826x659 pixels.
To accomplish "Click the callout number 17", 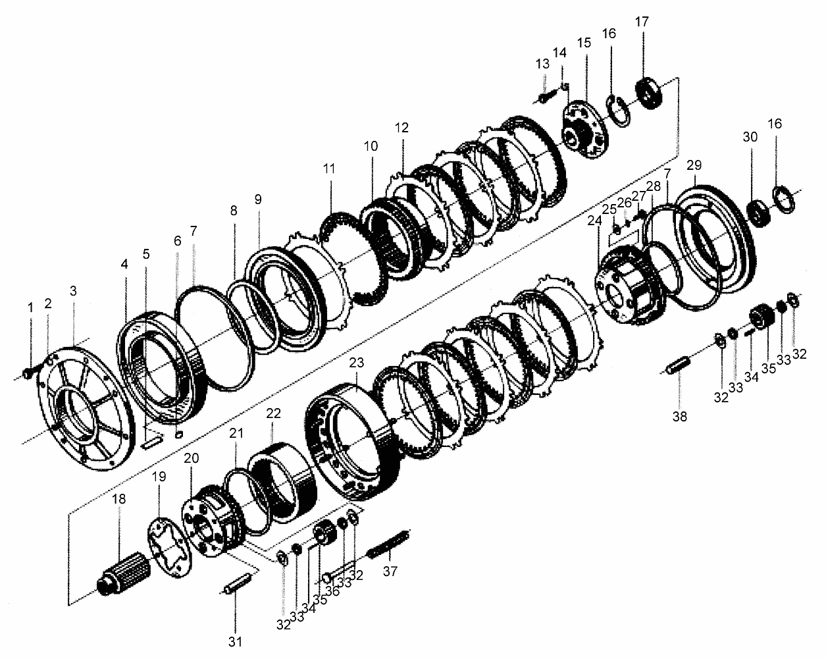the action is pos(642,22).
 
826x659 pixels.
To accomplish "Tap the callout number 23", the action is pos(357,363).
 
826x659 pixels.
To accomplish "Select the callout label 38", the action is pos(679,417).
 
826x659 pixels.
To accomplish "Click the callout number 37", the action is pos(390,571).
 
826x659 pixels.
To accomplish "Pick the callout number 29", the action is pos(694,165).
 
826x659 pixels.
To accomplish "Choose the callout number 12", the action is pos(401,128).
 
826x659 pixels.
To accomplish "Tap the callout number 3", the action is pos(73,291).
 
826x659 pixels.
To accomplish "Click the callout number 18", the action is pos(119,499).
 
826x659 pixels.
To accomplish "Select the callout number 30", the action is pos(750,137).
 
